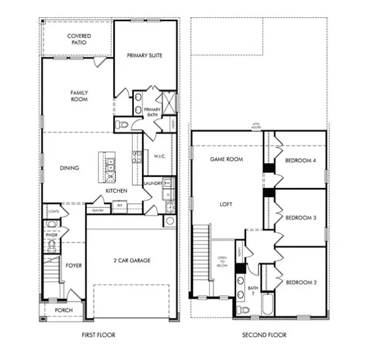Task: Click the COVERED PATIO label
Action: click(79, 39)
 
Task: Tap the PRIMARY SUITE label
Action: click(144, 55)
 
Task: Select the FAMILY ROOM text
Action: click(79, 95)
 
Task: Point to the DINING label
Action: click(70, 168)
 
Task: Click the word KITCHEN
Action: click(116, 191)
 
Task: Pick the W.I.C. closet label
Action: click(158, 156)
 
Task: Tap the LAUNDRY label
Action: click(153, 183)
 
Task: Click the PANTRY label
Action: click(97, 211)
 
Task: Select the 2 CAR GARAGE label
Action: click(131, 261)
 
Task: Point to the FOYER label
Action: click(74, 265)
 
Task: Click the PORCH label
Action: click(63, 310)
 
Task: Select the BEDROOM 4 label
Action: click(300, 161)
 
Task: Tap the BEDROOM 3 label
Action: click(300, 218)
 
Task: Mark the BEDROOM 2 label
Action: click(300, 282)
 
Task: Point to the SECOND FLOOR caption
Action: click(264, 335)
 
